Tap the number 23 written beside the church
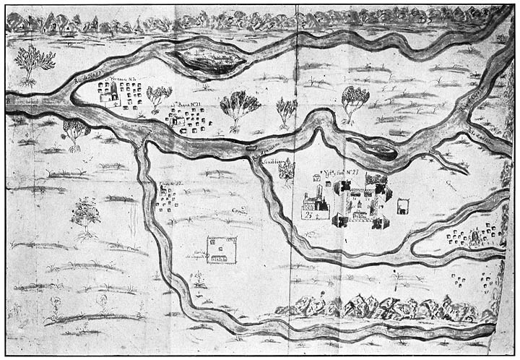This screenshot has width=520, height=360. (308, 214)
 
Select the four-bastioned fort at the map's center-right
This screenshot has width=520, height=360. (360, 202)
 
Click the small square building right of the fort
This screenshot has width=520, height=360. (403, 206)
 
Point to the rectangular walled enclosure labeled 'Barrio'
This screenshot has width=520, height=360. (222, 249)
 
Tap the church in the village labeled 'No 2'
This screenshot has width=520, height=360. (108, 94)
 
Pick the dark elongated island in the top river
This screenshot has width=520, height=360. (203, 60)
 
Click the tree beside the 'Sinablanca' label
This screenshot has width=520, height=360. (287, 169)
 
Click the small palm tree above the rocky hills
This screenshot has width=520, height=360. (396, 276)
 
